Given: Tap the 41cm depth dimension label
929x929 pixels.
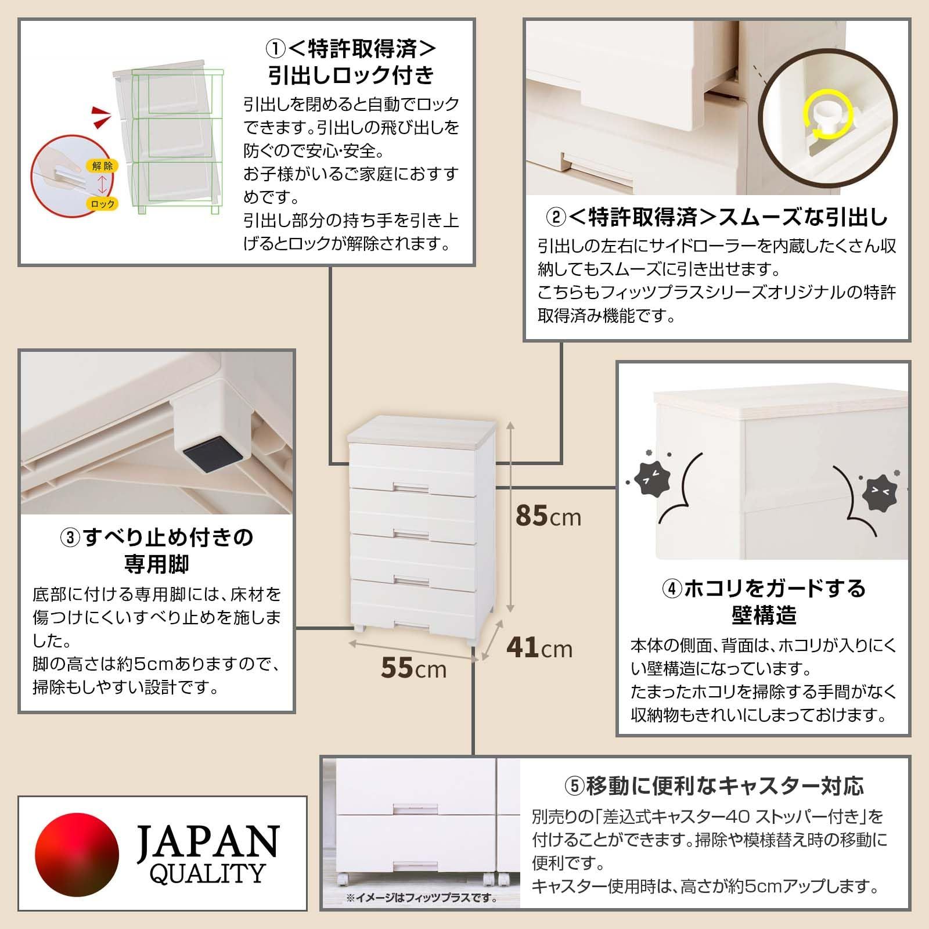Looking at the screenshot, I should coord(539,647).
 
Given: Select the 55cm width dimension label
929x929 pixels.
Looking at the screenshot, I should coord(413,668).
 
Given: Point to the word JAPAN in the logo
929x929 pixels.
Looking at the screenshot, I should coord(207,842).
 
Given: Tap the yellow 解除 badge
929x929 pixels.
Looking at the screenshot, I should coord(102,166).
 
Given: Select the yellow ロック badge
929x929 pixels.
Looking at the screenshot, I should coord(102,204).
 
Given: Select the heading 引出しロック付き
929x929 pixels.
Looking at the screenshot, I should coord(351,75).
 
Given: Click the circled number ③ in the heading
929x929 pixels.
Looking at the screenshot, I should coord(71,538).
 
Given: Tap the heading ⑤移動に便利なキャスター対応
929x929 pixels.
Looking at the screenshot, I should coord(714,786).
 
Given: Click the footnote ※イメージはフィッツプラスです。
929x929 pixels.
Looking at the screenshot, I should coord(422,914).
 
